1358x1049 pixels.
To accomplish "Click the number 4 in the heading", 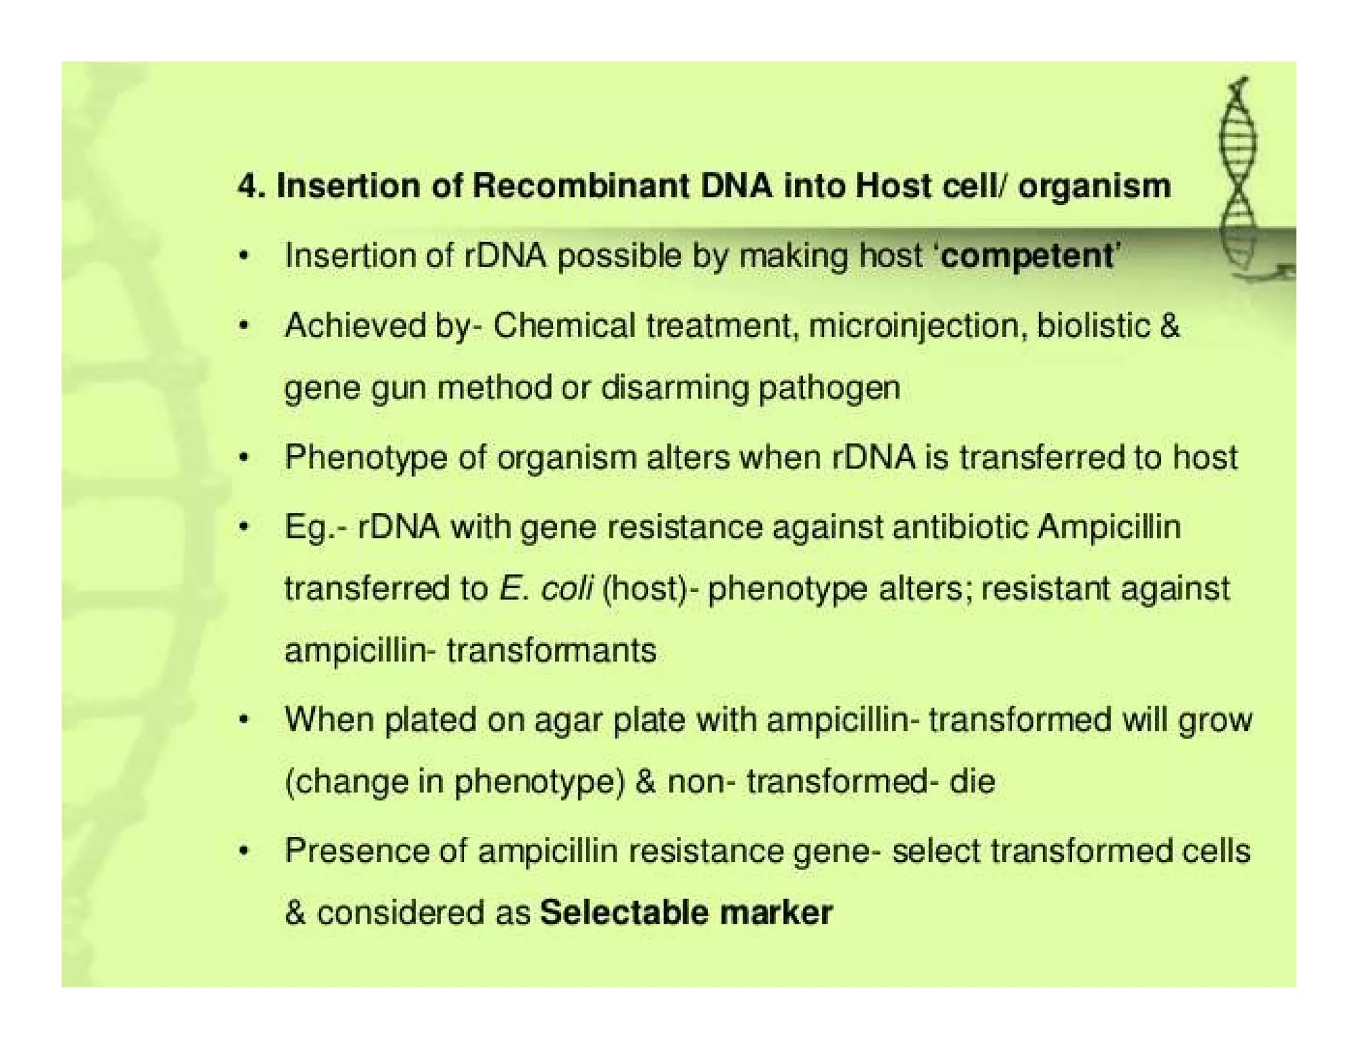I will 247,186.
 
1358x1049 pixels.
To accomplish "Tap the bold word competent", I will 1027,256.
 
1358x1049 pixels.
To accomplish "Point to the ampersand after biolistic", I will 1170,326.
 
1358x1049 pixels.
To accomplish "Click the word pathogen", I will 829,388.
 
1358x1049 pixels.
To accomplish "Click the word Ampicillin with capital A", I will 1109,528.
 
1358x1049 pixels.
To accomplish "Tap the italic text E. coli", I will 546,589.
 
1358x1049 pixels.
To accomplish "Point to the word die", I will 972,782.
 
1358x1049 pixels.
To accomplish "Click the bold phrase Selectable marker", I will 686,912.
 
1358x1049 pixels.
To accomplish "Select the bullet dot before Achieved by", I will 245,326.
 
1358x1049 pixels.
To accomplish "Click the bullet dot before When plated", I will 245,720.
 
